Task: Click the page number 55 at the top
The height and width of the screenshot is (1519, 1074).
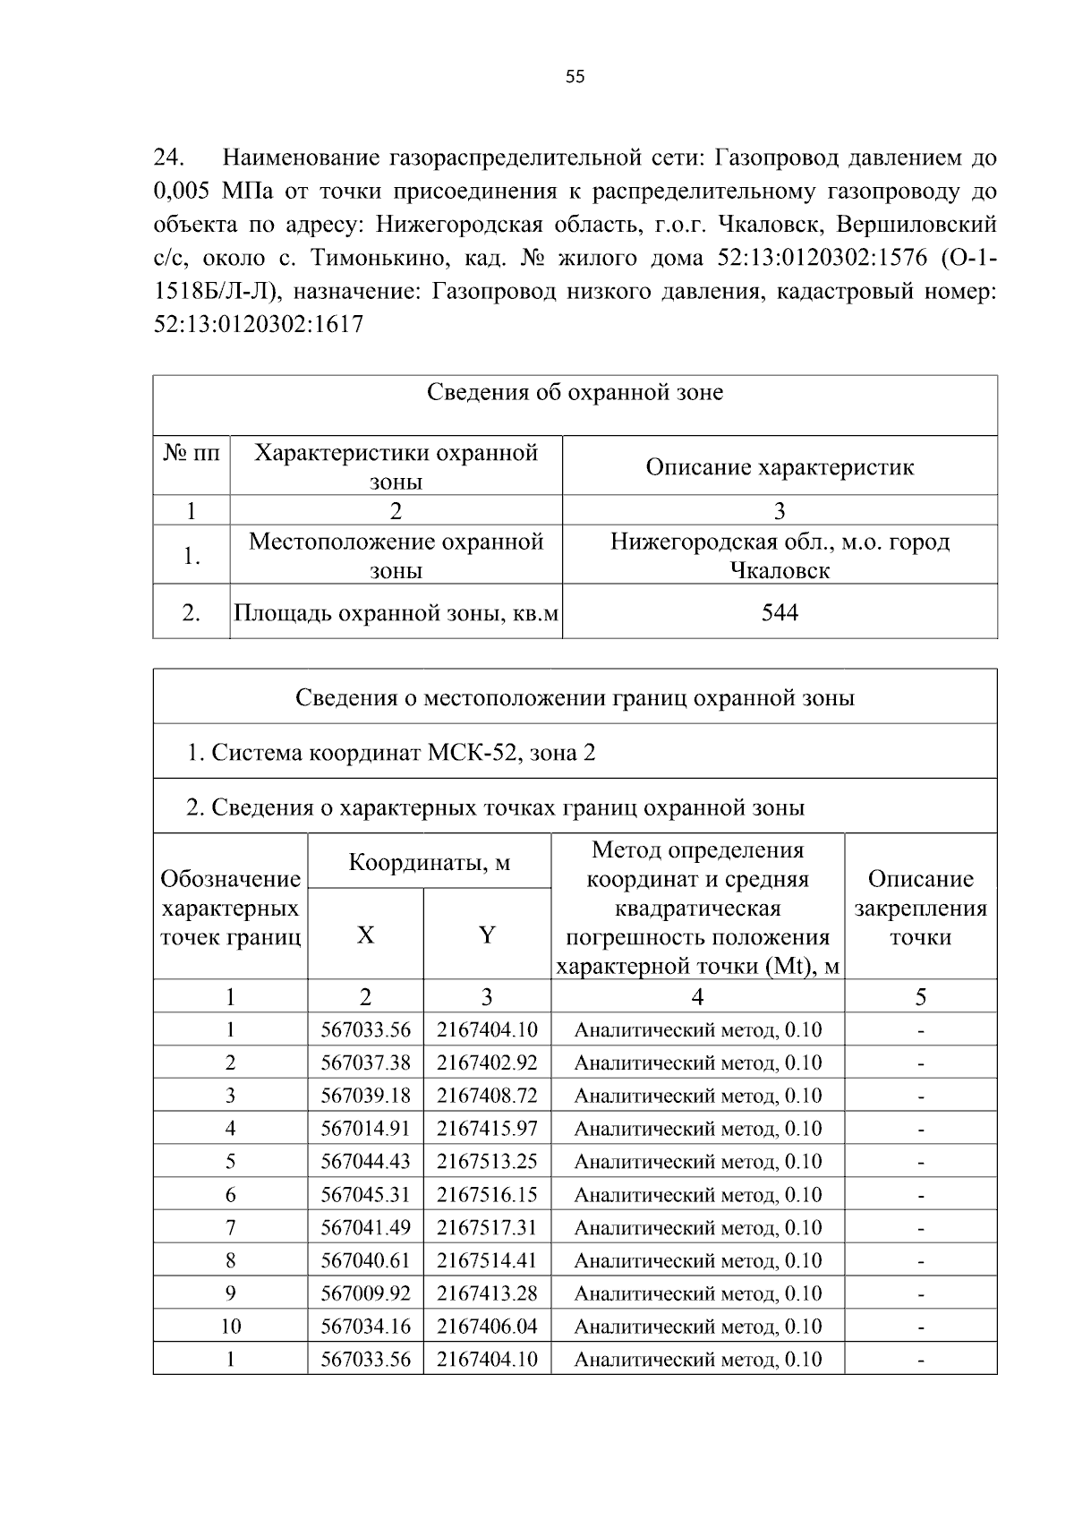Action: coord(575,77)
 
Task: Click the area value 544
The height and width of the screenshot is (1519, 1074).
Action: coord(780,612)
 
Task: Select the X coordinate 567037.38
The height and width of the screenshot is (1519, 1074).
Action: coord(365,1062)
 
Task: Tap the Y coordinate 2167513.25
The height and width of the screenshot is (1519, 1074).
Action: coord(487,1161)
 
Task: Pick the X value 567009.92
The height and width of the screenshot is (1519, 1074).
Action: coord(365,1293)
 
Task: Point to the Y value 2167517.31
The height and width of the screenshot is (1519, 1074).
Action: coord(487,1227)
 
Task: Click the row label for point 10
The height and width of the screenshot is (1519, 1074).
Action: coord(230,1326)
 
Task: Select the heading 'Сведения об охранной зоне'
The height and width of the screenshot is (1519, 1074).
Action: coord(575,392)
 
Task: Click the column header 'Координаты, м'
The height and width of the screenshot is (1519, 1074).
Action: coord(429,862)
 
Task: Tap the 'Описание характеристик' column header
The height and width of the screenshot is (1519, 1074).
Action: coord(780,466)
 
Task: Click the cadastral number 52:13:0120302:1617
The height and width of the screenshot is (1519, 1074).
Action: coord(259,324)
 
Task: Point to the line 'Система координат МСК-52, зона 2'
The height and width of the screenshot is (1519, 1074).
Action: coord(390,752)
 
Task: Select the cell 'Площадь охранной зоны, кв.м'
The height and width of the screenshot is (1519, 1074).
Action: coord(396,613)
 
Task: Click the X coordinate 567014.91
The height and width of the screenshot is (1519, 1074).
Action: coord(365,1128)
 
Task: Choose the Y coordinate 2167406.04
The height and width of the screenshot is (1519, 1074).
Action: coord(487,1326)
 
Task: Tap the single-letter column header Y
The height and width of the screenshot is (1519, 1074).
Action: coord(487,935)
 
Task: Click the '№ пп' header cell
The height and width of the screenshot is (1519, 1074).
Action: coord(192,453)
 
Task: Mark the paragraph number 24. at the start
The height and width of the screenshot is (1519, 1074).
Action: coord(169,158)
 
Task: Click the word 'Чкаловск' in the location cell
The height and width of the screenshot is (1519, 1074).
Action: coord(780,570)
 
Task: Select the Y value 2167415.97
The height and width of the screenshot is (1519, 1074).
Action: coord(487,1128)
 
